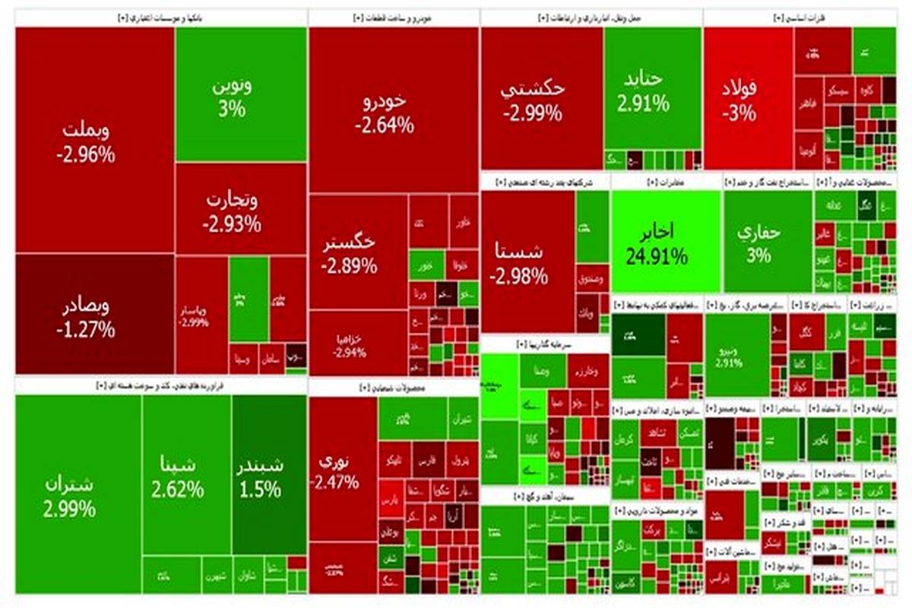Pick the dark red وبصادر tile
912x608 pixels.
85,318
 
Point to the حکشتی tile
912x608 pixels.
534,99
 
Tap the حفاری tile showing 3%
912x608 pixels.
758,243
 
